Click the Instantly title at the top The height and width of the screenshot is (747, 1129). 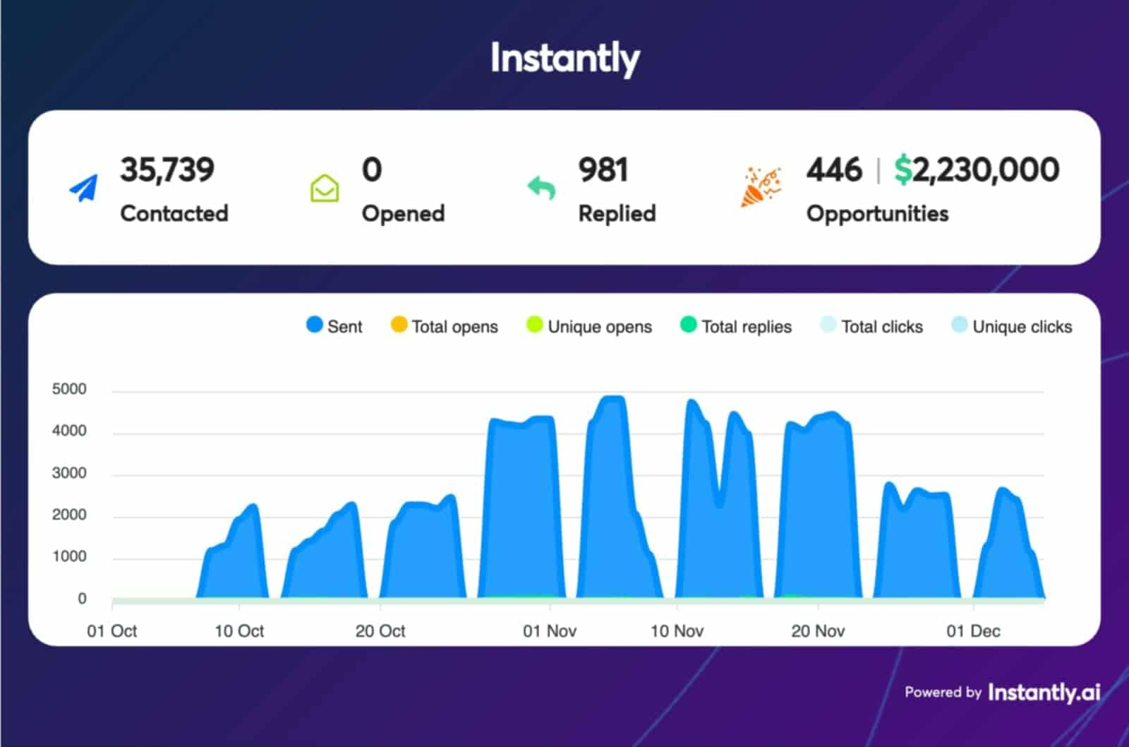(x=564, y=58)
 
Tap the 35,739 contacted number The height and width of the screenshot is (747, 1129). (x=167, y=170)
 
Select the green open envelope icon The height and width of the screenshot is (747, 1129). (x=325, y=189)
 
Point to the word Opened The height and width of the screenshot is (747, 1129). (x=403, y=213)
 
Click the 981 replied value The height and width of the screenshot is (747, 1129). (x=603, y=170)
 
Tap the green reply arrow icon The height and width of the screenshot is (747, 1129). (x=542, y=188)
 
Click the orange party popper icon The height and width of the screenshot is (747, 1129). (x=760, y=187)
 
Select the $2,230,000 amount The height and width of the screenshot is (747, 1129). (x=977, y=170)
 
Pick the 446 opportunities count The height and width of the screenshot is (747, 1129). (x=834, y=170)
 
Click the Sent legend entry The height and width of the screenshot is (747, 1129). (x=334, y=326)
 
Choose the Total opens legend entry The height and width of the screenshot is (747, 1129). (x=445, y=326)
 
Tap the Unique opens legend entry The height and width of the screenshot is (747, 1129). (x=589, y=326)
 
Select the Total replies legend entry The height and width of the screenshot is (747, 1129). (x=736, y=326)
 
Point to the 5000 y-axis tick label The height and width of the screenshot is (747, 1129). (x=69, y=389)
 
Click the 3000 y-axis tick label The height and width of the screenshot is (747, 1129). (x=69, y=473)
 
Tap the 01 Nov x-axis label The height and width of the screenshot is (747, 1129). (x=550, y=631)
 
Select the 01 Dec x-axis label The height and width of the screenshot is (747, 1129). (x=973, y=631)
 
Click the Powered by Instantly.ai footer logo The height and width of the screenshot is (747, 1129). (x=1002, y=693)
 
